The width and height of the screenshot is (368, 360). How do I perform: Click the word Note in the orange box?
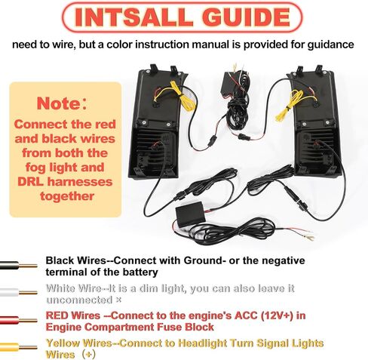pos(58,103)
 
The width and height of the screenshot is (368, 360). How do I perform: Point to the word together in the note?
pos(67,196)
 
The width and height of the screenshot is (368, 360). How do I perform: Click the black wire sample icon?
pos(19,266)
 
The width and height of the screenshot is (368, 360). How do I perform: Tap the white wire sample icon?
pos(19,293)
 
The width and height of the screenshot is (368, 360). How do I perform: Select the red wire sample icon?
pos(19,321)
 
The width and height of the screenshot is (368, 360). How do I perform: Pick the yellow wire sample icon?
pos(19,348)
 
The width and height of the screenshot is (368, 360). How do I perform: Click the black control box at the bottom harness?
pos(191,213)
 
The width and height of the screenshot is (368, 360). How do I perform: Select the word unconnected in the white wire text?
pos(79,300)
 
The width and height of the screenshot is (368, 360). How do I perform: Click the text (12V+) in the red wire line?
pos(277,315)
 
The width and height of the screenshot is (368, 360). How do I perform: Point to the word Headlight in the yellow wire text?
pos(202,343)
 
